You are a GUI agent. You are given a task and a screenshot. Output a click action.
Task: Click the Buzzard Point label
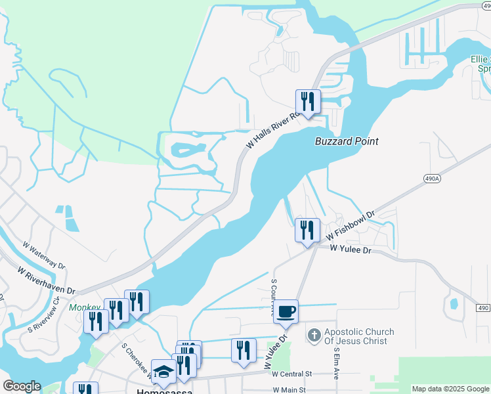(347, 141)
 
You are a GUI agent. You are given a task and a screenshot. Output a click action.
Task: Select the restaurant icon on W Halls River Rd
(307, 102)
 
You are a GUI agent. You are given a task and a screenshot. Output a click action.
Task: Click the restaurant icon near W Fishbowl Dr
(307, 230)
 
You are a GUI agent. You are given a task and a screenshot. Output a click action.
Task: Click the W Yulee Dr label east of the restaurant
(351, 249)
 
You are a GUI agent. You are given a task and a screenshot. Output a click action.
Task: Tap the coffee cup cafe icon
(286, 312)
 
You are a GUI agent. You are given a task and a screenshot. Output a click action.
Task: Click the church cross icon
(314, 336)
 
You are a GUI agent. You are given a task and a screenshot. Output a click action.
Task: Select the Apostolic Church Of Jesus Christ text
(355, 336)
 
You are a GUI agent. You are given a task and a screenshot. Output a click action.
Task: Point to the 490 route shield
(484, 308)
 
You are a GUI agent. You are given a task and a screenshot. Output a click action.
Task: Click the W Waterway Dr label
(44, 255)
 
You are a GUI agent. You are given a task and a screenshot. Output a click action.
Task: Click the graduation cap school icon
(163, 372)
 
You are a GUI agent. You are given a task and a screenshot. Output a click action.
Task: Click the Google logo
(22, 386)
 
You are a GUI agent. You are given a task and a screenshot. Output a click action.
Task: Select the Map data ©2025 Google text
(450, 389)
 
